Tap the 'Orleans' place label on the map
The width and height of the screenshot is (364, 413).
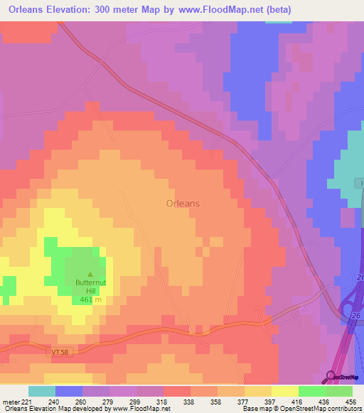[x=183, y=203]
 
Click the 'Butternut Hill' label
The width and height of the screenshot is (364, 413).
[x=90, y=287]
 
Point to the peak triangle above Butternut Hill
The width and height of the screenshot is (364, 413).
[x=90, y=275]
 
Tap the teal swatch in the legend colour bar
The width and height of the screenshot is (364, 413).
[x=41, y=391]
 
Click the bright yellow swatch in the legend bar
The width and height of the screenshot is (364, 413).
[x=285, y=391]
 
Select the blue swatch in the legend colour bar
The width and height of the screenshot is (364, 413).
[x=69, y=391]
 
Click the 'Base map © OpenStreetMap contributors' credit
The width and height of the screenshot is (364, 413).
[x=301, y=409]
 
